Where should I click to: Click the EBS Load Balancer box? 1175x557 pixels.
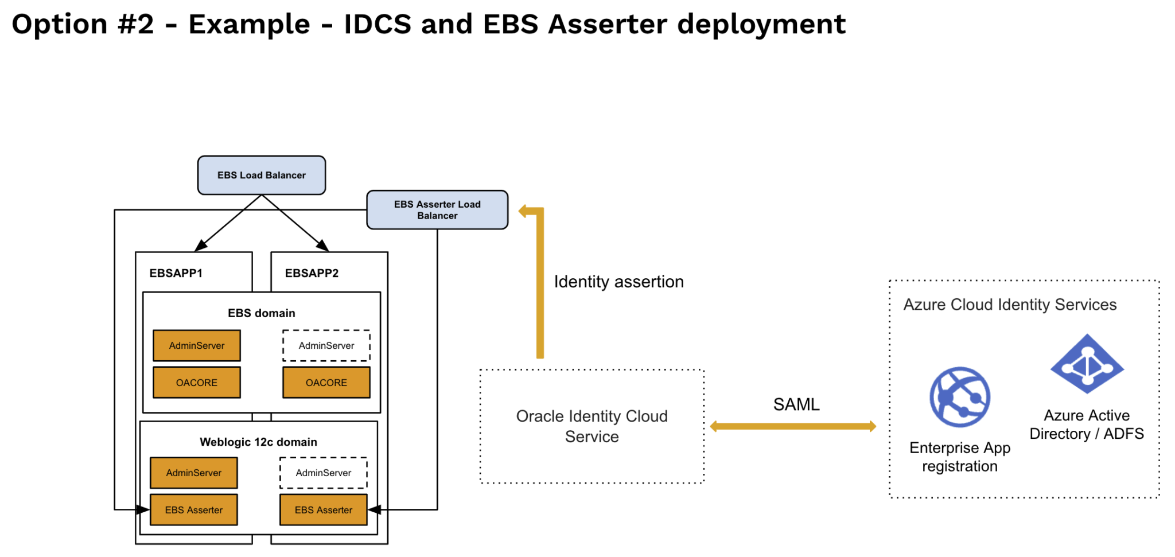point(262,175)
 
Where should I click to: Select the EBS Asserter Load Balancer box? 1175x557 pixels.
point(437,210)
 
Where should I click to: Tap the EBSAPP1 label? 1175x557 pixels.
point(176,273)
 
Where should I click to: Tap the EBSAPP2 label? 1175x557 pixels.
point(312,273)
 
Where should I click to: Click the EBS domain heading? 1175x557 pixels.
point(262,313)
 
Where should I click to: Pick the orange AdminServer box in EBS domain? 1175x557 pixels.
point(197,345)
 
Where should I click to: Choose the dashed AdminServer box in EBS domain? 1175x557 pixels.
point(326,345)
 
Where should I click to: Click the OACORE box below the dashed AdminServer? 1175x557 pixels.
point(326,383)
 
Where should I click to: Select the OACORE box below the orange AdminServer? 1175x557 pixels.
point(197,383)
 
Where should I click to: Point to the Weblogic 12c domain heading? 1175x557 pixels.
point(258,442)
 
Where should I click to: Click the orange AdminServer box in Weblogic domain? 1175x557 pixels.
point(194,473)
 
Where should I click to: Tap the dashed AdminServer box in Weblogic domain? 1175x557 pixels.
point(324,473)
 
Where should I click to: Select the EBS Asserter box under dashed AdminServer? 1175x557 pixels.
point(324,510)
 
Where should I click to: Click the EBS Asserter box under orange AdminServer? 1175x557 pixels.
point(194,510)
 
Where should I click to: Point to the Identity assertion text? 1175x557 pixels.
point(618,282)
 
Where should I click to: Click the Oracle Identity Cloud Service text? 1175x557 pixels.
point(592,426)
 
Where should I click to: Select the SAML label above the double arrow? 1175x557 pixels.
point(796,404)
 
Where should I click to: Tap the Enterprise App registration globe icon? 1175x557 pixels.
point(960,397)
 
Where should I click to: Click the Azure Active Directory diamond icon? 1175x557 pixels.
point(1087,364)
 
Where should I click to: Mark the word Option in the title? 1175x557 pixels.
point(59,24)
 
